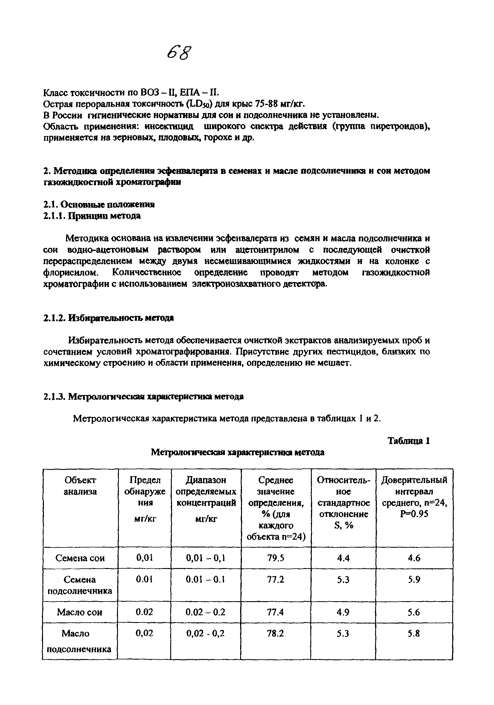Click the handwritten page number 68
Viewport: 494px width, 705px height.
coord(179,53)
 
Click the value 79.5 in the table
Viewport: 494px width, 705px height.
coord(275,558)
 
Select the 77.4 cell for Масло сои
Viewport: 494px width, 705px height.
coord(275,612)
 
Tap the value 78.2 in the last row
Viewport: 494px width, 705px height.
coord(275,633)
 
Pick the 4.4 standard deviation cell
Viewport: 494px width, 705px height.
coord(343,558)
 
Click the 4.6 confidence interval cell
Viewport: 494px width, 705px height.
coord(414,558)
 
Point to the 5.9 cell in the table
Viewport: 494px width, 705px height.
coord(414,579)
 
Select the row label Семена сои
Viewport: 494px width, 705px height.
coord(80,558)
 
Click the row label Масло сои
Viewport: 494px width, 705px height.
coord(79,612)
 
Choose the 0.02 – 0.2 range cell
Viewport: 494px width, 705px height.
coord(205,612)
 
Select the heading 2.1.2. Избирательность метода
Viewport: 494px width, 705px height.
coord(108,318)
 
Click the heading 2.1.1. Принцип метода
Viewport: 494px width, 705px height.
coord(92,216)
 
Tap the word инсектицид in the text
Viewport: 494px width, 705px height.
coord(169,127)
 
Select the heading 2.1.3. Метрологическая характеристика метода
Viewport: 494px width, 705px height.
coord(143,397)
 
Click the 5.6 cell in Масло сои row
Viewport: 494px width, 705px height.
coord(414,612)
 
